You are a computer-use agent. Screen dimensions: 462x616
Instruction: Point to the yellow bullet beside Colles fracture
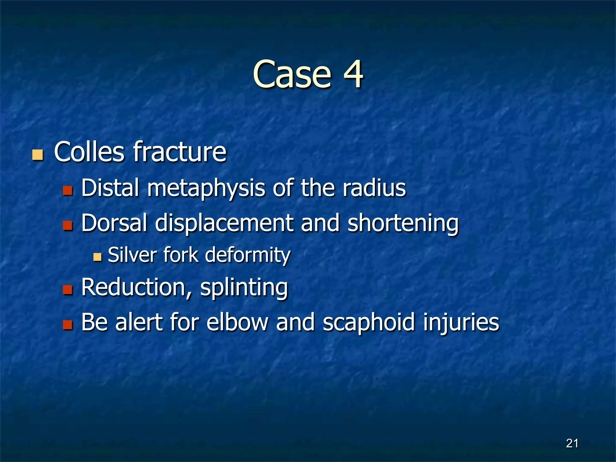pos(38,155)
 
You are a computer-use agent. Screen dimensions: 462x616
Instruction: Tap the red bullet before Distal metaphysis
pos(68,190)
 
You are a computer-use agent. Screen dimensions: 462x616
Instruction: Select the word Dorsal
pos(114,223)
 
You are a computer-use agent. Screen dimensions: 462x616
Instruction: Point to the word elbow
pos(237,322)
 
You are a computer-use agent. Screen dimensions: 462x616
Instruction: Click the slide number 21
pos(572,443)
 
